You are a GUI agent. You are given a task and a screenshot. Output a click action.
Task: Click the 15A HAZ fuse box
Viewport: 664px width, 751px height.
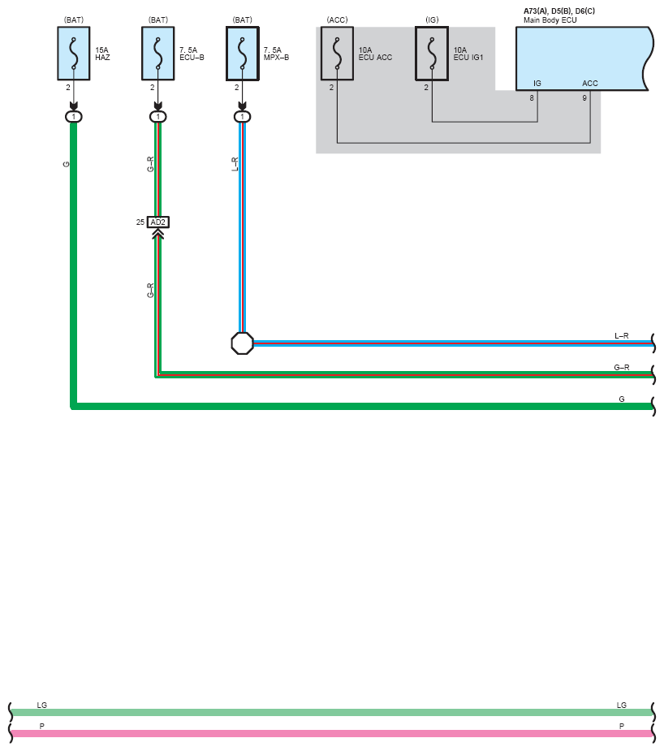[74, 53]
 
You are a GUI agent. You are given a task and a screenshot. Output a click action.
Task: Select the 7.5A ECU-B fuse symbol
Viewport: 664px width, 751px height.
[158, 53]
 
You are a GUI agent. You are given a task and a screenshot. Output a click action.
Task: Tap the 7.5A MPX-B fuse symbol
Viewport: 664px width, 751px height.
[242, 53]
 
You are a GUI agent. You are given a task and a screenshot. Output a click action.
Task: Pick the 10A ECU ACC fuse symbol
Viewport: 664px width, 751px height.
[337, 53]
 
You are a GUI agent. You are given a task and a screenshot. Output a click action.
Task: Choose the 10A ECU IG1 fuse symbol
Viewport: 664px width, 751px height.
[432, 53]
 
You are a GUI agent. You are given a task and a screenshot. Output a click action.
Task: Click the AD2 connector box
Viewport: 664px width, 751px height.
[158, 222]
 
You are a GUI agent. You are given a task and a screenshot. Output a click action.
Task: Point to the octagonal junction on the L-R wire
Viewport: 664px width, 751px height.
[242, 343]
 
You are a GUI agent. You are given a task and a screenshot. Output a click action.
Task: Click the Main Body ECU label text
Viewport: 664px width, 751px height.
[550, 19]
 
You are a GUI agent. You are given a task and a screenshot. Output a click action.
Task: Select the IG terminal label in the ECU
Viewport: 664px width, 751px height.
[537, 84]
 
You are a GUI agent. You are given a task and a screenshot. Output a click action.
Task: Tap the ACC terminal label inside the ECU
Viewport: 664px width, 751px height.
[590, 84]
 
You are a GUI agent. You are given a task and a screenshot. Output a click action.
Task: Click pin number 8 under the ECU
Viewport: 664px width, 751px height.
[532, 98]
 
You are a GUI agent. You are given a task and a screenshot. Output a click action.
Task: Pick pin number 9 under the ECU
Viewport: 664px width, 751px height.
[584, 98]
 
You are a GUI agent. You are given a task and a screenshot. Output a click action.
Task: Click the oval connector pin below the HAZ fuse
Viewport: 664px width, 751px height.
[74, 117]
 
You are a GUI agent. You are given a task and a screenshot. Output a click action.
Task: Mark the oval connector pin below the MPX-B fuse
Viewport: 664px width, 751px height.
[242, 117]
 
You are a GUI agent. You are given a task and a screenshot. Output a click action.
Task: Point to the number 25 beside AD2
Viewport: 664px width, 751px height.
[140, 222]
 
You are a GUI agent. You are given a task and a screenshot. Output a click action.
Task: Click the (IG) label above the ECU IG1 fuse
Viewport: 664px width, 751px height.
[432, 19]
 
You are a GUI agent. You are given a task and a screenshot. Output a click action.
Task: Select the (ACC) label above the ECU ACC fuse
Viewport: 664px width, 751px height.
[337, 19]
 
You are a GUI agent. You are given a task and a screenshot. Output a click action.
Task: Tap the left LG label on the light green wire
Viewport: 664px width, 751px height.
[42, 706]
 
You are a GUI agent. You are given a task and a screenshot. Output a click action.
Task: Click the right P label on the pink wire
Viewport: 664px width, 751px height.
[622, 726]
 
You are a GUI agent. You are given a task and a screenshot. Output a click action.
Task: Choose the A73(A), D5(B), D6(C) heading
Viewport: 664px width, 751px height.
[559, 11]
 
